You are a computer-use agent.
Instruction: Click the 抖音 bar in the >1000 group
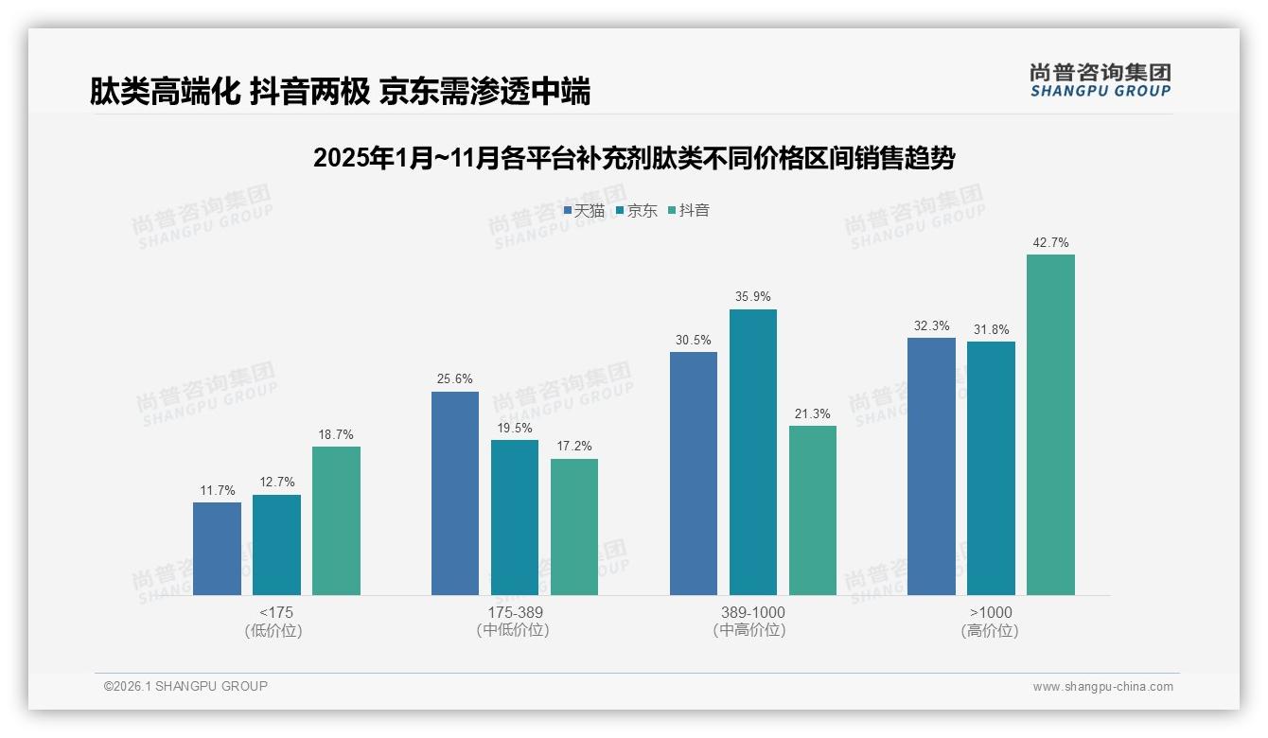click(x=1050, y=425)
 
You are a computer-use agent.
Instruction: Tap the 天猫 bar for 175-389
click(x=455, y=493)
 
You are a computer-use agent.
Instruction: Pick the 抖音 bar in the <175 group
click(x=336, y=520)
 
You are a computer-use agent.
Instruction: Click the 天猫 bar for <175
click(x=217, y=549)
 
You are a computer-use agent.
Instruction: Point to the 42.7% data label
click(x=1050, y=243)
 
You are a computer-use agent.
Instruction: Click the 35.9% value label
click(x=752, y=297)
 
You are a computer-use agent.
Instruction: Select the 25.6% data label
click(x=455, y=379)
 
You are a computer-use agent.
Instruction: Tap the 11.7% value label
click(x=217, y=490)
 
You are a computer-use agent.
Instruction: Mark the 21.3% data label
click(x=812, y=414)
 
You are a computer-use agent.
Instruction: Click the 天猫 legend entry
click(x=584, y=211)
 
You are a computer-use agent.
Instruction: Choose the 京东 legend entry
click(x=637, y=211)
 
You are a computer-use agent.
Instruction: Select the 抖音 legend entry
click(x=689, y=211)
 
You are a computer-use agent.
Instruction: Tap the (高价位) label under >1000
click(x=990, y=631)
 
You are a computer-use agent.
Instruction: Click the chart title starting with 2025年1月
click(x=634, y=158)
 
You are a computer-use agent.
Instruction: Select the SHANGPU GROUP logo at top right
click(x=1100, y=80)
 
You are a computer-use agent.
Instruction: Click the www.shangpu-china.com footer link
click(x=1102, y=687)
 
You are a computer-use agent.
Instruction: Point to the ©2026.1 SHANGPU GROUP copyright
click(x=185, y=686)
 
